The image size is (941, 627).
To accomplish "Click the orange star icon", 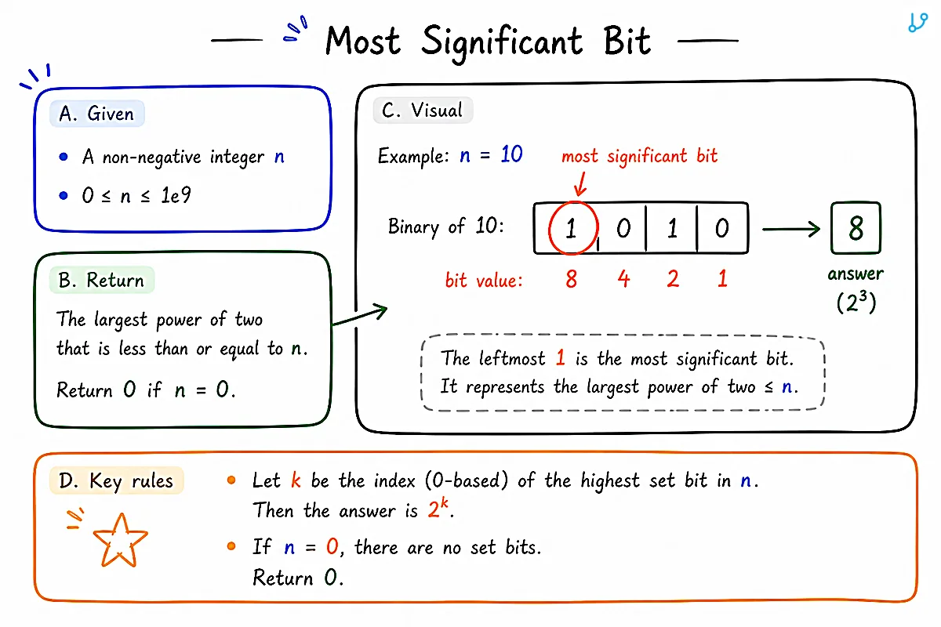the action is [121, 541].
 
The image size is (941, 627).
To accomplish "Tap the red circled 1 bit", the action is [573, 228].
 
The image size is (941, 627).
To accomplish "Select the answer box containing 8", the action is [856, 228].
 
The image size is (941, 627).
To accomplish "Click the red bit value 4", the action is [624, 279].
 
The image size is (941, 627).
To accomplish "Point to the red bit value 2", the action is [673, 279].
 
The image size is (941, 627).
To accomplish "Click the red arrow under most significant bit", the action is [581, 184].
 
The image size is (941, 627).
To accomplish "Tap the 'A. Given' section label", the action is [97, 114].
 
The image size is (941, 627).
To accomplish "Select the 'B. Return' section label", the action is [102, 280].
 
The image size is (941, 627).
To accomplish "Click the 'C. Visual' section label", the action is [423, 110].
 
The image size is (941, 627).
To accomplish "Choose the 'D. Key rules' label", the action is [116, 480].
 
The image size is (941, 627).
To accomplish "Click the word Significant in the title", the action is [502, 42].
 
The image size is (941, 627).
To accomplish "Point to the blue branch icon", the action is [917, 23].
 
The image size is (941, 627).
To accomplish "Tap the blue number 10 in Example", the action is [511, 154].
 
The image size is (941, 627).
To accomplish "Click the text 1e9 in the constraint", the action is [176, 195].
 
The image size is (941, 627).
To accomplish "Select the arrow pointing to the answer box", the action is [791, 229].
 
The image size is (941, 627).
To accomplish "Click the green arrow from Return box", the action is [360, 315].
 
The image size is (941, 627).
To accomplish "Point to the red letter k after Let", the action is [296, 480].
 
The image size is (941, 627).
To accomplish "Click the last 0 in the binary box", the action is [722, 228].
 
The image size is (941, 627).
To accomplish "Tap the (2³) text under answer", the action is [856, 302].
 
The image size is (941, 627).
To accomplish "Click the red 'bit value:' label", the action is [484, 280].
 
